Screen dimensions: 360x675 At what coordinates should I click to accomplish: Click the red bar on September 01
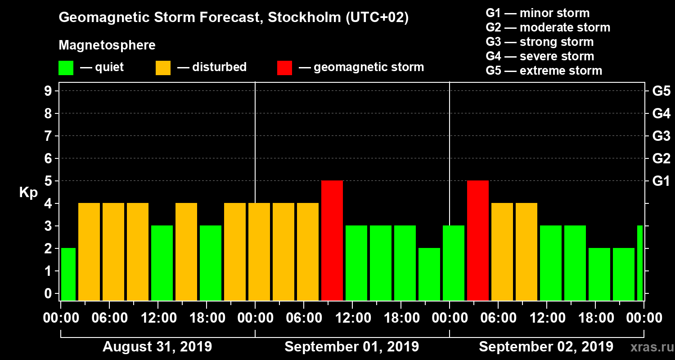point(332,240)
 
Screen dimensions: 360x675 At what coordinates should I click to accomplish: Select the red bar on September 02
point(478,240)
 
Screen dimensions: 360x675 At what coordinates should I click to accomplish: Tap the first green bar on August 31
point(68,274)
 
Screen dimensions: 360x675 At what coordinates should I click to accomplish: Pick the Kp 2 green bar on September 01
point(429,274)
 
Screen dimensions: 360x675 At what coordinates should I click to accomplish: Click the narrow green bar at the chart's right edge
point(640,263)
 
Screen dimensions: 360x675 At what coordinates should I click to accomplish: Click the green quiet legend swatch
point(66,68)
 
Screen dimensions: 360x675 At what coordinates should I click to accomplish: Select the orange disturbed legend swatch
point(163,68)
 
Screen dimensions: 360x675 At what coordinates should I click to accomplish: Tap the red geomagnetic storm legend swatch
point(284,68)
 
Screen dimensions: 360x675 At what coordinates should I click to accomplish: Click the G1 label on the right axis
point(661,181)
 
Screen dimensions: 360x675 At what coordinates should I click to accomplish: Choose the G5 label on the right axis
point(661,91)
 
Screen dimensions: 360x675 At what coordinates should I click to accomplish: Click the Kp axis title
point(28,193)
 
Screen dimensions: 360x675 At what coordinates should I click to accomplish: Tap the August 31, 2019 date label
point(157,347)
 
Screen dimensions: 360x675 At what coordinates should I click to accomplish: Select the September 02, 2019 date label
point(546,347)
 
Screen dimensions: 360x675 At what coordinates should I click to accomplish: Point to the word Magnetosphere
point(107,45)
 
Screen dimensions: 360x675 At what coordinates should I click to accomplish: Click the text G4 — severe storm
point(540,56)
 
